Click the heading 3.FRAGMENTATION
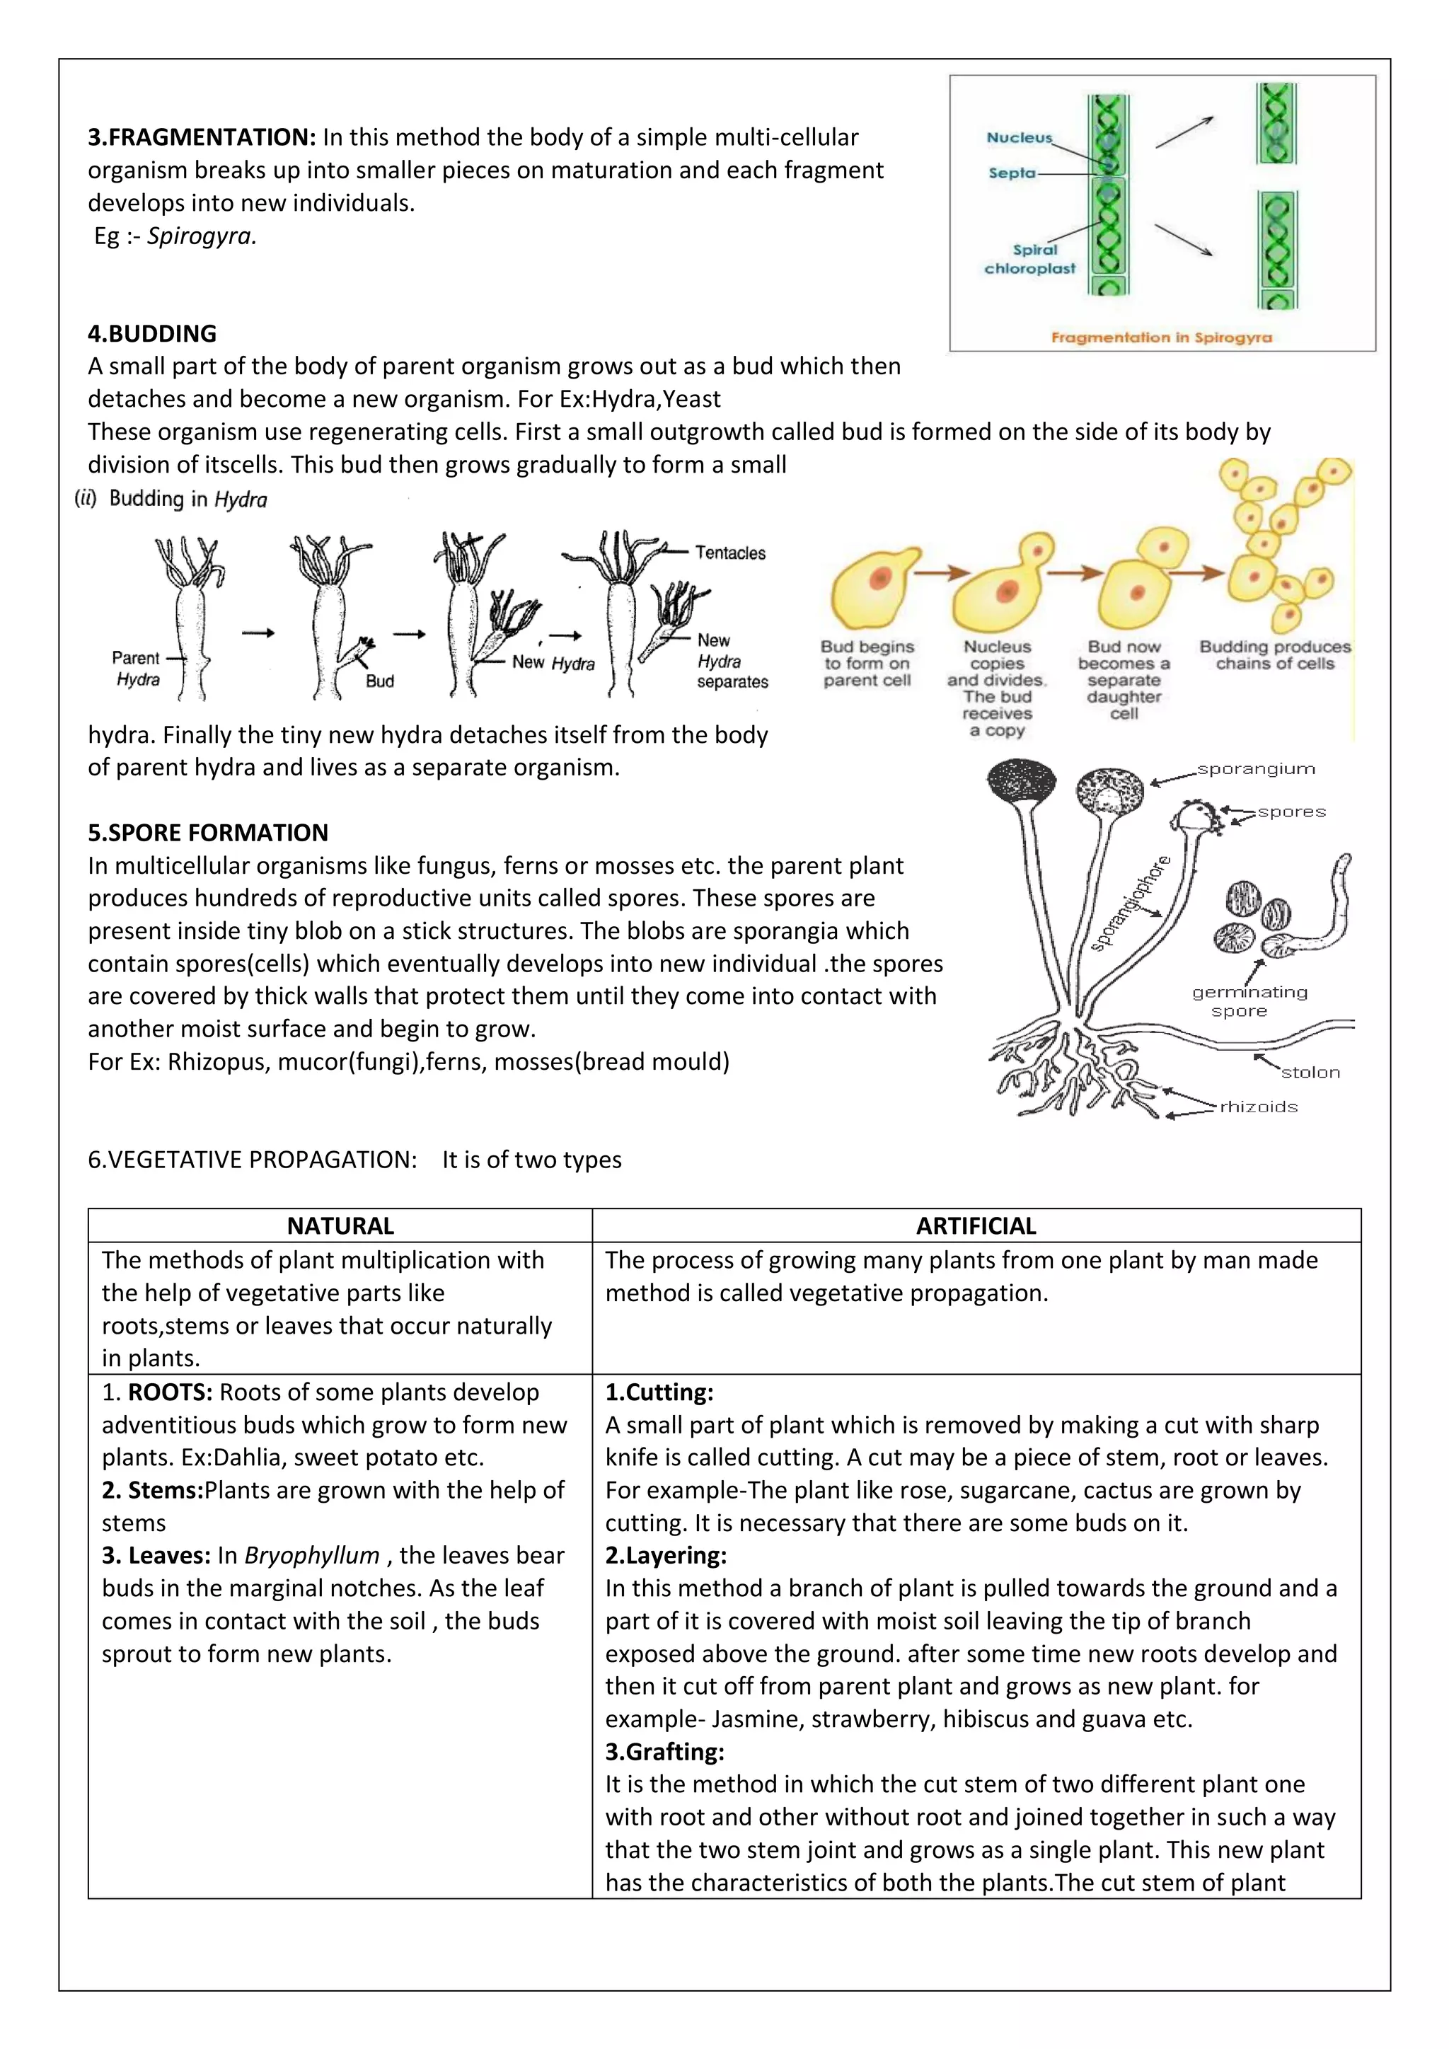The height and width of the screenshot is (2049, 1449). pyautogui.click(x=202, y=137)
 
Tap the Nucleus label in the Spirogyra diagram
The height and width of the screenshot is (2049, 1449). pyautogui.click(x=1019, y=137)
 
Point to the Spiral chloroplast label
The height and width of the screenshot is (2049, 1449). pyautogui.click(x=1031, y=260)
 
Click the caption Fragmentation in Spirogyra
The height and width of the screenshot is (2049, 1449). pyautogui.click(x=1161, y=337)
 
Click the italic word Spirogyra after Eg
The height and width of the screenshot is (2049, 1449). pyautogui.click(x=202, y=236)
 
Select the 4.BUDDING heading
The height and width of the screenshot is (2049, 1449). pyautogui.click(x=151, y=334)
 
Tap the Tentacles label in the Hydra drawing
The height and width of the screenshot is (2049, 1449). pyautogui.click(x=730, y=553)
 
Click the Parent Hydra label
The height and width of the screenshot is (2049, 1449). pyautogui.click(x=137, y=669)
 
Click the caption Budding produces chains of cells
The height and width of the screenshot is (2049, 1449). pyautogui.click(x=1274, y=655)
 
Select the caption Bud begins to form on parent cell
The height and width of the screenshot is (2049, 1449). pyautogui.click(x=867, y=663)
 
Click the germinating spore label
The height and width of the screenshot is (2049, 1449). pyautogui.click(x=1249, y=1001)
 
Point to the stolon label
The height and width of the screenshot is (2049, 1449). pyautogui.click(x=1310, y=1073)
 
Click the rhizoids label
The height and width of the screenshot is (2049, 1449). pyautogui.click(x=1258, y=1107)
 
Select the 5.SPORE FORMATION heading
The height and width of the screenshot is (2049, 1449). pyautogui.click(x=208, y=833)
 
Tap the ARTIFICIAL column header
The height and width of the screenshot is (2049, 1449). pyautogui.click(x=976, y=1226)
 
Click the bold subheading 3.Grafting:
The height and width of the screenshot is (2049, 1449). pyautogui.click(x=665, y=1752)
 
